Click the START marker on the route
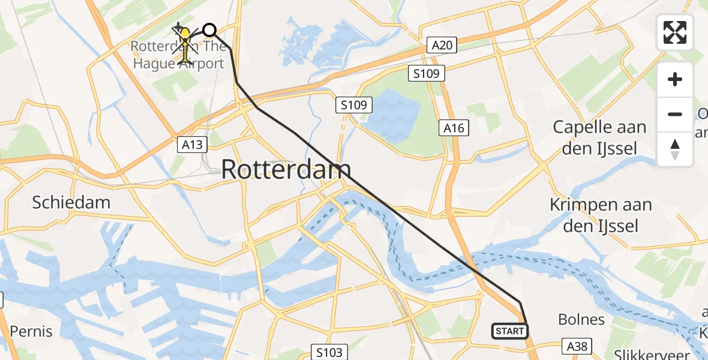[x=510, y=331]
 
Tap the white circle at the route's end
[x=209, y=29]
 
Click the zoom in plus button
[x=675, y=80]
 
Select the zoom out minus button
[x=675, y=114]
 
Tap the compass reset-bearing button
[x=675, y=149]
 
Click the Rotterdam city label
[x=286, y=170]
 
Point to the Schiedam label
[x=71, y=202]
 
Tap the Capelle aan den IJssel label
[x=599, y=137]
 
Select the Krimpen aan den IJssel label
[x=601, y=215]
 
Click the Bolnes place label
[x=581, y=319]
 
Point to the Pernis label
[x=31, y=331]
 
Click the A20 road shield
[x=442, y=44]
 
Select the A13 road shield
[x=193, y=144]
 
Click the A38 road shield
[x=577, y=346]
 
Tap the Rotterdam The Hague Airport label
[x=178, y=55]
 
